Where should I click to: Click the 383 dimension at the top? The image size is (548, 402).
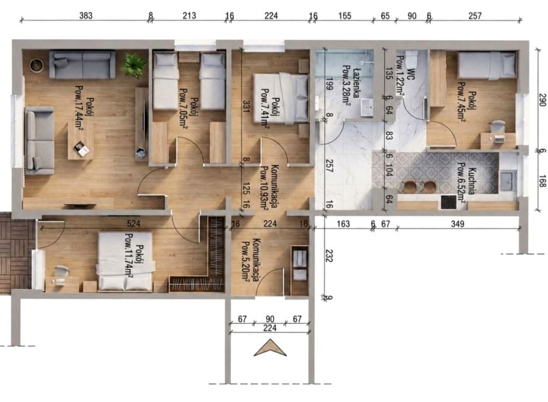[x=86, y=15]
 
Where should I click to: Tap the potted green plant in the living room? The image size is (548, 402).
[x=133, y=65]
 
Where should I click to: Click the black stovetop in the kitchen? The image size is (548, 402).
[x=449, y=202]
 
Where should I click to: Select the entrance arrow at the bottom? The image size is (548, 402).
[x=270, y=347]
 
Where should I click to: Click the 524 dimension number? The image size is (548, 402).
[x=133, y=224]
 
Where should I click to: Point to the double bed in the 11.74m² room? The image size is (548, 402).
[x=125, y=261]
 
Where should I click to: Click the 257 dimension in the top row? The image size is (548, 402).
[x=475, y=15]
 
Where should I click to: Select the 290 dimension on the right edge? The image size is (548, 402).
[x=542, y=100]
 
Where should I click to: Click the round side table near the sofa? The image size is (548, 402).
[x=36, y=65]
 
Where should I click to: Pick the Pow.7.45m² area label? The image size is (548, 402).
[x=462, y=102]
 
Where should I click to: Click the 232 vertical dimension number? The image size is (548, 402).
[x=329, y=255]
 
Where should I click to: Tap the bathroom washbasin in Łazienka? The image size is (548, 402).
[x=367, y=107]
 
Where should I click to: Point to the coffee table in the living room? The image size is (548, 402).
[x=81, y=140]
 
